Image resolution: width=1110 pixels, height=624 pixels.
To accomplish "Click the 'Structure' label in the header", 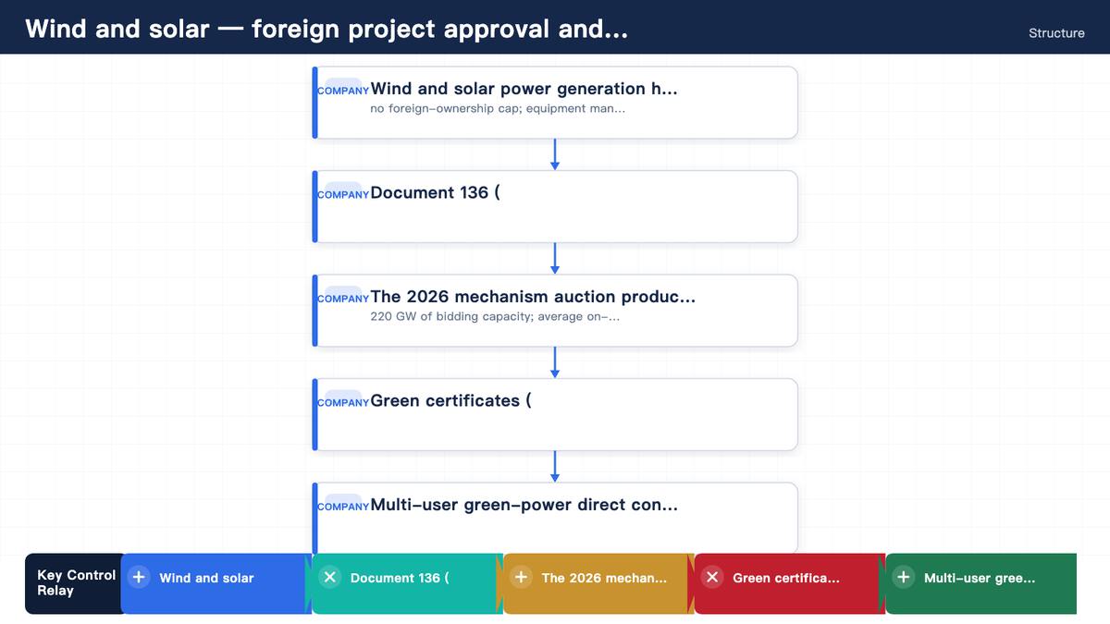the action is pos(1056,33).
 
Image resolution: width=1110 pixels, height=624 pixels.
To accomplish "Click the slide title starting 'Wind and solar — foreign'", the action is pos(327,29).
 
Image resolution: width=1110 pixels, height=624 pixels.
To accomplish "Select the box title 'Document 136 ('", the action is pos(435,192).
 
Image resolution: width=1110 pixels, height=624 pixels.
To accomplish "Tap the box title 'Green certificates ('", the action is pos(450,400).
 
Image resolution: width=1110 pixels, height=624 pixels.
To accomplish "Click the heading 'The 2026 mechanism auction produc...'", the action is pos(533,297).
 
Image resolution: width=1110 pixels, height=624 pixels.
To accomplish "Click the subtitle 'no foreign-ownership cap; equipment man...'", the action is pos(498,108).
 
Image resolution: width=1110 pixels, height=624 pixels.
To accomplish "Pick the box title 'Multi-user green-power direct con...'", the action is pos(524,505).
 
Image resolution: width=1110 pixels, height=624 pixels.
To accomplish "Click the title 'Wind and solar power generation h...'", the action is pos(524,89).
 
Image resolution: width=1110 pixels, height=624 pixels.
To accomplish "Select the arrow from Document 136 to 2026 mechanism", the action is pos(555,259).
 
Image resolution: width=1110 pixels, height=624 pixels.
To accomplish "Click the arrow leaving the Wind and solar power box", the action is pos(555,154).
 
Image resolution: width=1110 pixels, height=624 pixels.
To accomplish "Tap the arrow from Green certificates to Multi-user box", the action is pos(555,467).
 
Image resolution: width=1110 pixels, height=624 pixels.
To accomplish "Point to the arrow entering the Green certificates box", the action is pos(555,362).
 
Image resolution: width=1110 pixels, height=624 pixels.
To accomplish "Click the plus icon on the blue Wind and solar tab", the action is pos(139,577).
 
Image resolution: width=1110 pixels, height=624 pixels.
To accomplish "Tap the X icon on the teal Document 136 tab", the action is pos(329,577).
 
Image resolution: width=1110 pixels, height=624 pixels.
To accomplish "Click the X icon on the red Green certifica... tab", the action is pos(712,577).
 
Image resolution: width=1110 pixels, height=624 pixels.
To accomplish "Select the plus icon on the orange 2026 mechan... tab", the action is pos(521,577).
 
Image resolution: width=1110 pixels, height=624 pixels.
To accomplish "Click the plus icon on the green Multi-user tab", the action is pos(904,577).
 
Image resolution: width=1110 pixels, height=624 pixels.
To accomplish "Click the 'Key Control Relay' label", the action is pos(76,583).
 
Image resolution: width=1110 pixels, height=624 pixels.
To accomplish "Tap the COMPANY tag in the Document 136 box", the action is pos(343,195).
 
